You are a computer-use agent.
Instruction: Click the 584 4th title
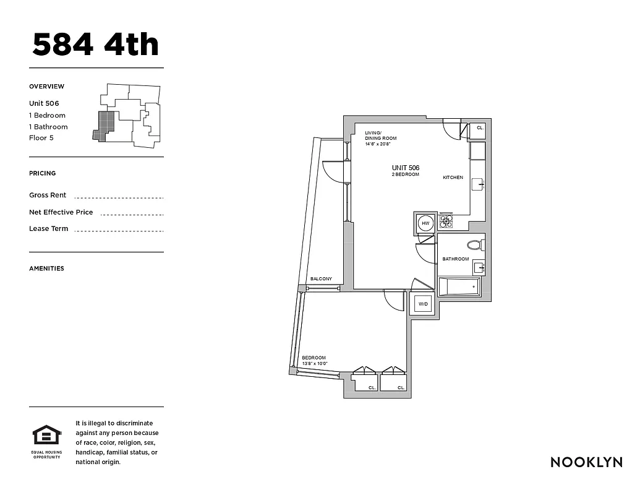pos(96,45)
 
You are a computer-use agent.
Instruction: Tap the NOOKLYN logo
pos(586,462)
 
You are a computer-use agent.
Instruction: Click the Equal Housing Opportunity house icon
pos(46,436)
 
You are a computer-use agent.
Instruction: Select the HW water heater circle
pos(425,223)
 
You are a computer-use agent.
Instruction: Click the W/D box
pos(423,304)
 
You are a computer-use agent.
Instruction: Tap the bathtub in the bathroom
pos(459,287)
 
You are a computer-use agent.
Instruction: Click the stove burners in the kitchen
pos(446,221)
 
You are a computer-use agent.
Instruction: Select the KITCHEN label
pos(453,178)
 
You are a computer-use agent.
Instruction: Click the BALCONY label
pos(321,279)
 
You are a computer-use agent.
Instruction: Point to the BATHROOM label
pos(455,259)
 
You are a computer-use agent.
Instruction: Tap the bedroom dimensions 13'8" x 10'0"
pos(314,364)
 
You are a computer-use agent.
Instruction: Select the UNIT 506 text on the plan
pos(405,168)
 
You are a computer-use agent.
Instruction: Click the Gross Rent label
pos(48,195)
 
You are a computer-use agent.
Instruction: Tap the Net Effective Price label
pos(61,212)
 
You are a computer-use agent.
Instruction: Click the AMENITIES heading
pos(46,269)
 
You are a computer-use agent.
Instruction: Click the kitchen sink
pos(478,184)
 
